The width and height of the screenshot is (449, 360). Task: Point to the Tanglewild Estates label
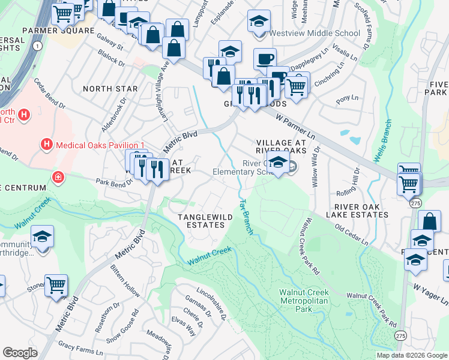tap(200, 220)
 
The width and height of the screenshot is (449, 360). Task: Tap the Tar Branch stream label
tap(246, 217)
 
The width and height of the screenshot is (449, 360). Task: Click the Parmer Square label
tap(58, 31)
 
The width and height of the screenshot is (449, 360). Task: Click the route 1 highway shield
tap(38, 46)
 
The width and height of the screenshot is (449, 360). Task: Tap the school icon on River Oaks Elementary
tap(278, 162)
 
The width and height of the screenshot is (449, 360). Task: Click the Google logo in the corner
tap(20, 353)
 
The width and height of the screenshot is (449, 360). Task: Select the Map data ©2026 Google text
tap(411, 355)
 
